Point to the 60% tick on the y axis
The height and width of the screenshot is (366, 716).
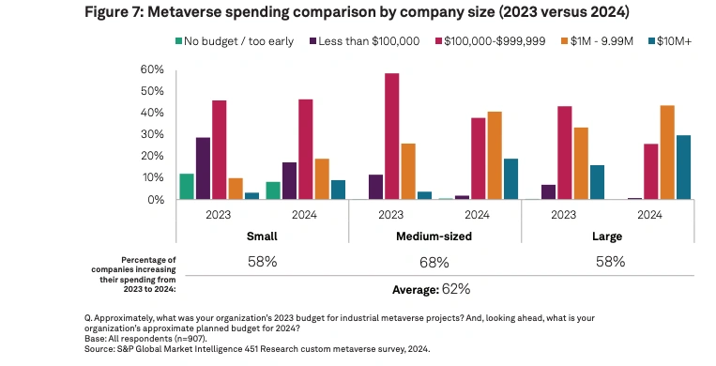[x=153, y=70]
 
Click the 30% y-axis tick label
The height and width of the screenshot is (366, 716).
[x=153, y=135]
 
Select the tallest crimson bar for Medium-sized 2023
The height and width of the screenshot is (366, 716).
[x=391, y=136]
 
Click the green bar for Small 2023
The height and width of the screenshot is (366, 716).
[x=187, y=187]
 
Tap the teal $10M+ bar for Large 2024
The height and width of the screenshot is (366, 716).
[x=683, y=167]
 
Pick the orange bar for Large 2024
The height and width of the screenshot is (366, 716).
[x=667, y=152]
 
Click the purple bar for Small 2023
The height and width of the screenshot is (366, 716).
[x=203, y=168]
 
